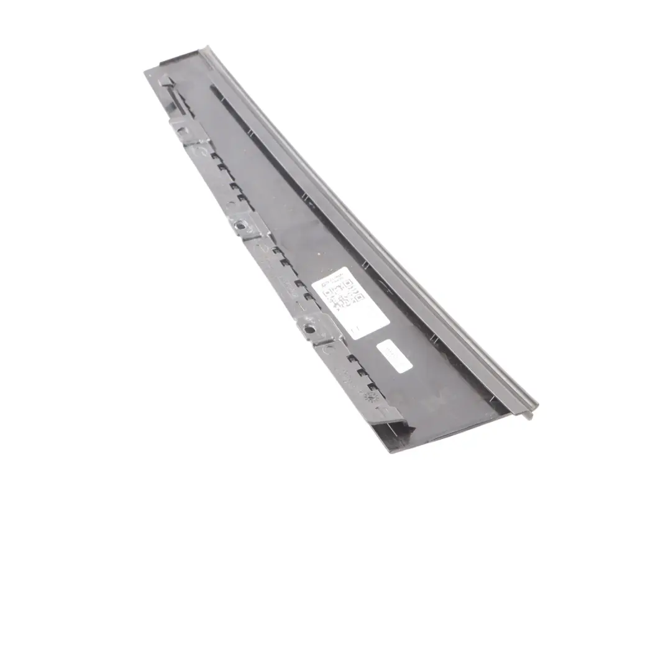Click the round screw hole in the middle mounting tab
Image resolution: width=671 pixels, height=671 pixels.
click(x=240, y=226)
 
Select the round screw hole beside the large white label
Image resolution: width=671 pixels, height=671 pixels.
click(x=309, y=329)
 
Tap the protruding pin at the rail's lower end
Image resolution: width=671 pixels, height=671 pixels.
click(x=529, y=415)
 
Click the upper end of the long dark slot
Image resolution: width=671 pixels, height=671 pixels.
click(x=212, y=88)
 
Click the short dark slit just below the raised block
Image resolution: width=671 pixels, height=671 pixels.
click(x=177, y=99)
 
